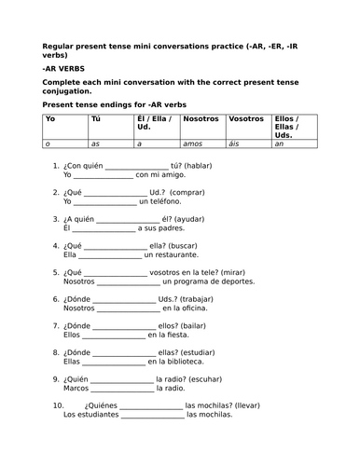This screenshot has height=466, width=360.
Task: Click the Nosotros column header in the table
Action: tap(201, 120)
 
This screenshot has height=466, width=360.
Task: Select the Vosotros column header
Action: tap(246, 120)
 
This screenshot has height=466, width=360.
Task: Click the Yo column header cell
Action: tap(50, 120)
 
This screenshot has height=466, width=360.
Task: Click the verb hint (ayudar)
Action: tap(187, 220)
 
